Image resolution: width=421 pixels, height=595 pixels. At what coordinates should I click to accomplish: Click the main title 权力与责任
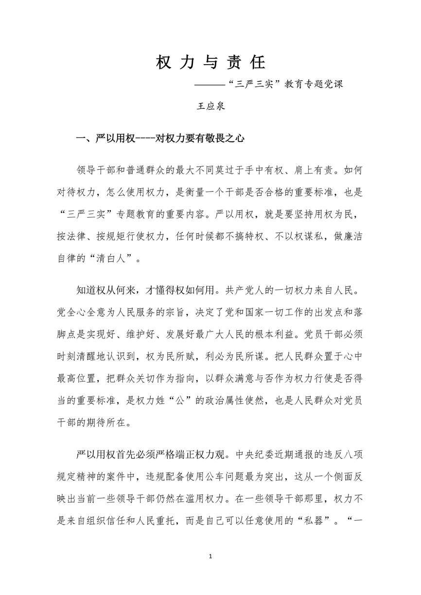click(x=210, y=62)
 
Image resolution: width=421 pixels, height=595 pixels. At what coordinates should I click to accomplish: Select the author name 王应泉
click(x=210, y=106)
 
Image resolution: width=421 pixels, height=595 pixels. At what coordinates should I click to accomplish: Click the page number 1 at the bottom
click(x=210, y=556)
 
